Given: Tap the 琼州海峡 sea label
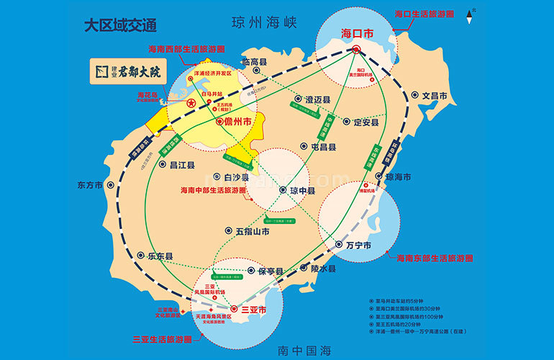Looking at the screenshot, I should pos(264,22).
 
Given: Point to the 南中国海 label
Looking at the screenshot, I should pos(304,351).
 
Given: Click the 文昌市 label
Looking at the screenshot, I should pos(435,95).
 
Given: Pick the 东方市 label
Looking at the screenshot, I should pos(91,184).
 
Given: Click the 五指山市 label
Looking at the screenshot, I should pos(252,232).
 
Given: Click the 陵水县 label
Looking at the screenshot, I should pos(323,269).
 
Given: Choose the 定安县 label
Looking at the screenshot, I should pos(366,122).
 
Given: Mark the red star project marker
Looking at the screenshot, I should pos(191,104).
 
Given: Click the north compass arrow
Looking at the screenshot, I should pos(471,13).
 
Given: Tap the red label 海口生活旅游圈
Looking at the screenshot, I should pos(424,13).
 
